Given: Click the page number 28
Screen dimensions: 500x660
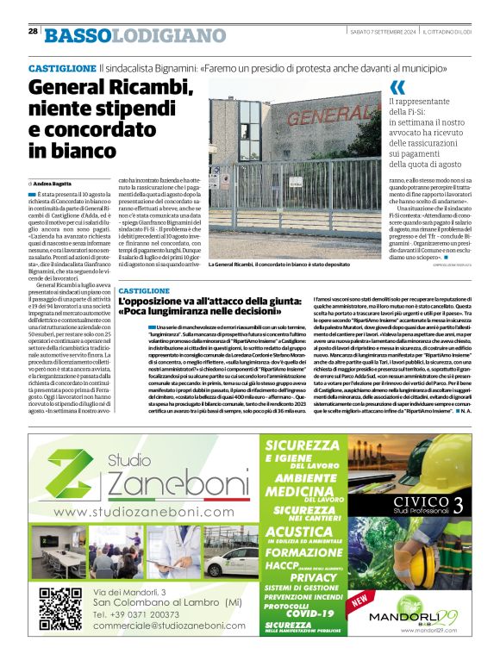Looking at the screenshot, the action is pos(33,31).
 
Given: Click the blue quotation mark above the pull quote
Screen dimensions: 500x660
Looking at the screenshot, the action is pos(397,86).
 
